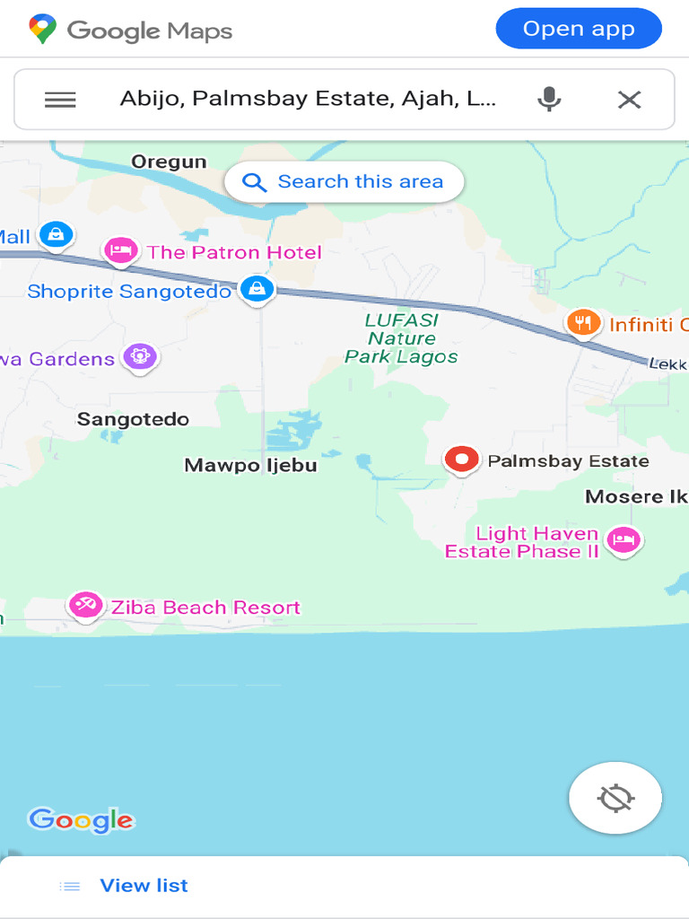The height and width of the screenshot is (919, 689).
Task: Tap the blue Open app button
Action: pyautogui.click(x=579, y=29)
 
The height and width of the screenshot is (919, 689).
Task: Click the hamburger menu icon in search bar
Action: pyautogui.click(x=60, y=100)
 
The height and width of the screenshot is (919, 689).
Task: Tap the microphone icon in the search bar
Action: pyautogui.click(x=549, y=99)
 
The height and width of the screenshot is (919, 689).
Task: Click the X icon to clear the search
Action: pyautogui.click(x=630, y=100)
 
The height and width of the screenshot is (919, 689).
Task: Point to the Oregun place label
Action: pyautogui.click(x=169, y=162)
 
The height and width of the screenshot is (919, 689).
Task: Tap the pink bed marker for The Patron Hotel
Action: pyautogui.click(x=120, y=250)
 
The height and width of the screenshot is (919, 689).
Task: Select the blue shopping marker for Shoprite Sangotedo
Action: pyautogui.click(x=257, y=289)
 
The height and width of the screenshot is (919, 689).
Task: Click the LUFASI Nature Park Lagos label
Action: pyautogui.click(x=401, y=338)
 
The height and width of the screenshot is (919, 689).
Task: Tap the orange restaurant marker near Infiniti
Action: pyautogui.click(x=583, y=323)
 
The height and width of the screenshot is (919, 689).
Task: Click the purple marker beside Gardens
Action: pyautogui.click(x=139, y=356)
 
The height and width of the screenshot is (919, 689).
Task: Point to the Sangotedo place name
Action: pyautogui.click(x=133, y=419)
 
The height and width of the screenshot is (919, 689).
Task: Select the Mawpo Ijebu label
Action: pyautogui.click(x=250, y=465)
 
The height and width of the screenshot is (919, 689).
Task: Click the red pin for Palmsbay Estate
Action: pyautogui.click(x=461, y=459)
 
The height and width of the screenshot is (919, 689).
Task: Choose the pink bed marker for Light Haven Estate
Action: pyautogui.click(x=623, y=540)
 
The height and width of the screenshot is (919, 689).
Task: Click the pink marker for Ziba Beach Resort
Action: pyautogui.click(x=85, y=605)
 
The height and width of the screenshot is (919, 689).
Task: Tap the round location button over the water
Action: pyautogui.click(x=615, y=798)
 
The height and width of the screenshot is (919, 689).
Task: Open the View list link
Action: pyautogui.click(x=144, y=886)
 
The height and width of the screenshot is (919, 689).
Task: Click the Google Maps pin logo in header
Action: pyautogui.click(x=42, y=30)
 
